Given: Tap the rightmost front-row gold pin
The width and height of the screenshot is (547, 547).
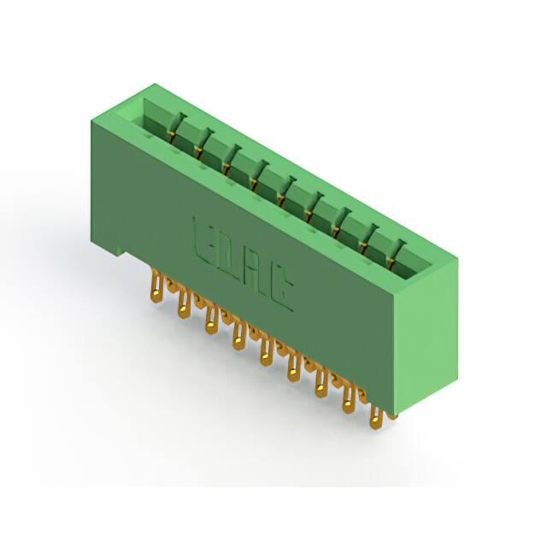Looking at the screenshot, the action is (375, 416).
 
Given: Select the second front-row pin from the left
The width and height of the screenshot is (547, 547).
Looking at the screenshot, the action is (184, 304).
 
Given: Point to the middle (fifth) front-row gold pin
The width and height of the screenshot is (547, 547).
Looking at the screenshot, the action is (267, 353).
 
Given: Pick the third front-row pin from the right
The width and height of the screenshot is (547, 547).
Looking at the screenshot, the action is (321, 385).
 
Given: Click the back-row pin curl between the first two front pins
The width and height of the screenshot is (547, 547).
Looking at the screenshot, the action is (171, 286).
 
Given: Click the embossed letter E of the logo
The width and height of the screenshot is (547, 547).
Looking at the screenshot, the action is (203, 241).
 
